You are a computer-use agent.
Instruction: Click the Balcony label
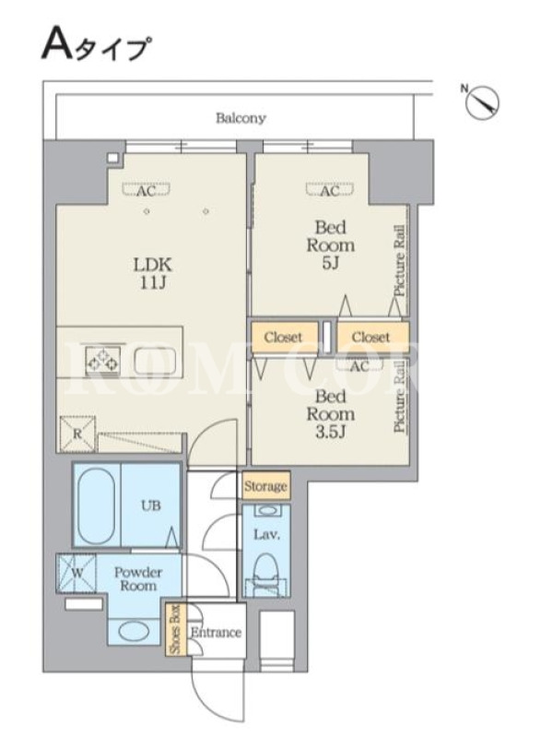241,118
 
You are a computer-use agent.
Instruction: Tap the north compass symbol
481,101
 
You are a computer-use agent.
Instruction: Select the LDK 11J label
153,273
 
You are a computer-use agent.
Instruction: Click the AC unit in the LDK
146,190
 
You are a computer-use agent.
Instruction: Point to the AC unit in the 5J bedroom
330,190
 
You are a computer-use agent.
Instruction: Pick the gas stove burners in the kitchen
102,360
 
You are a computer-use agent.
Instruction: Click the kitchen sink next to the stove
155,361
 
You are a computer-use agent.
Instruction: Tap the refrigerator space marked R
77,434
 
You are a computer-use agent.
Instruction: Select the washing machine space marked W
76,573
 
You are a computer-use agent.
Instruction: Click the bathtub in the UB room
96,506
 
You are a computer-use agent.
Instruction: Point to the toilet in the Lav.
265,573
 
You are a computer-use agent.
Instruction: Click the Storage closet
265,485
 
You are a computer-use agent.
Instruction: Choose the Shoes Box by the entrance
176,629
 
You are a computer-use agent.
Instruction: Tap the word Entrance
216,632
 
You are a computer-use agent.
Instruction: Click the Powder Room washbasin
134,631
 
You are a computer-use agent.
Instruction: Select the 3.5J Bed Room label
331,414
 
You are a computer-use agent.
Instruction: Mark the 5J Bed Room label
331,244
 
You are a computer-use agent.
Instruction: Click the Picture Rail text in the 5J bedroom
400,260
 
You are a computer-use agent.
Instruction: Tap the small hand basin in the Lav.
266,510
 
